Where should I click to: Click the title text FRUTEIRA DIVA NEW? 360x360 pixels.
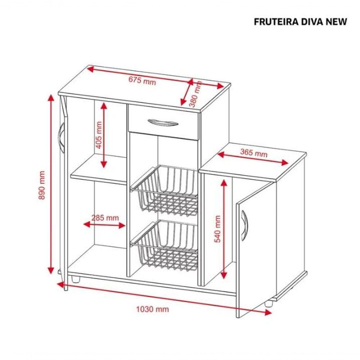coord(300,22)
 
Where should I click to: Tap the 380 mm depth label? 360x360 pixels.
coord(195,94)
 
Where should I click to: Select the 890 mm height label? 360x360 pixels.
coord(42,185)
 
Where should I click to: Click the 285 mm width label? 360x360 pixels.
coord(105,217)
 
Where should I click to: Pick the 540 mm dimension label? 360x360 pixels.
coord(217,229)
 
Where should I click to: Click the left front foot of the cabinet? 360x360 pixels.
coord(75,279)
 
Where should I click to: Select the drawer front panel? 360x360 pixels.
coord(163,122)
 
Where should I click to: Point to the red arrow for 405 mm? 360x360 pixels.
coord(104,135)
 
